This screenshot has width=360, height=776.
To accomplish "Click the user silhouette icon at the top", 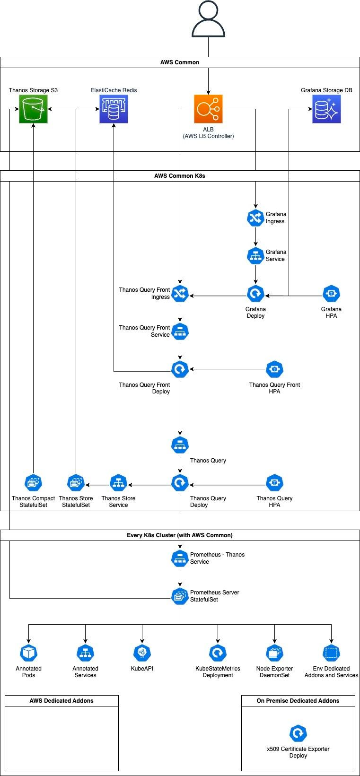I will (x=208, y=19).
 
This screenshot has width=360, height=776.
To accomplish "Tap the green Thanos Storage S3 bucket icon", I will (x=33, y=109).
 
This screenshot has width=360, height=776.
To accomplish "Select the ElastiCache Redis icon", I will (x=114, y=109).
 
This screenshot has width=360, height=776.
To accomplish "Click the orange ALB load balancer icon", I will (x=208, y=109).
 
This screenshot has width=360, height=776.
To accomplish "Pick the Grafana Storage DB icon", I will (x=326, y=109).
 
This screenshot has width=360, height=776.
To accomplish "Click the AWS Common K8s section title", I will (x=180, y=175).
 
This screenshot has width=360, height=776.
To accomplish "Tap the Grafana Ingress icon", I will (x=255, y=218).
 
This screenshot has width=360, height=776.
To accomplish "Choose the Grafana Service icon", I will (x=255, y=255).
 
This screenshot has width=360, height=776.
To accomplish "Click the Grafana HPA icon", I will (x=331, y=293).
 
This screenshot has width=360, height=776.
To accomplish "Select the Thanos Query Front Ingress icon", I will (x=180, y=293).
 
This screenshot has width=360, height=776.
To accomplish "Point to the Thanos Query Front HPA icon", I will (x=274, y=369).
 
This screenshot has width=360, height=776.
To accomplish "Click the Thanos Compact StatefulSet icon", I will (x=33, y=482).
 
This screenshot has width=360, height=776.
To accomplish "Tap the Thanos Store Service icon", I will (x=118, y=482).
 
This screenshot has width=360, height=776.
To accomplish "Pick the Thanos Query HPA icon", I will (x=274, y=482).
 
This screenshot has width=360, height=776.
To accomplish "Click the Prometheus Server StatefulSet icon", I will (x=180, y=596).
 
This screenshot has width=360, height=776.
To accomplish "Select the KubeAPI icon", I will (x=142, y=653).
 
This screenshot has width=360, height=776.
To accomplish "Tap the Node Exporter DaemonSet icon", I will (x=274, y=653).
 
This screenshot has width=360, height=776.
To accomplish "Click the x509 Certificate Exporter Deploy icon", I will (x=298, y=733).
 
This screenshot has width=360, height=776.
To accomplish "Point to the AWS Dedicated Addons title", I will (x=61, y=700).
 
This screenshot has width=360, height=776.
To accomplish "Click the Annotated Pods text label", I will (x=28, y=671).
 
